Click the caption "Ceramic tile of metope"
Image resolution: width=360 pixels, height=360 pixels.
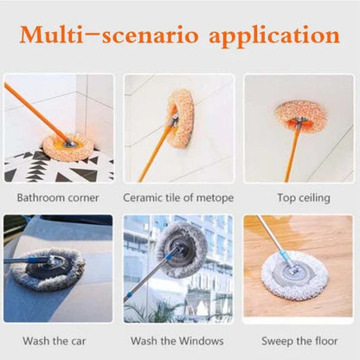point(179,198)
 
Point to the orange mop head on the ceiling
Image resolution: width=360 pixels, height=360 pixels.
point(300,115)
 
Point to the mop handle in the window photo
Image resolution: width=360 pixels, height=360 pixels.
point(147,281)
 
